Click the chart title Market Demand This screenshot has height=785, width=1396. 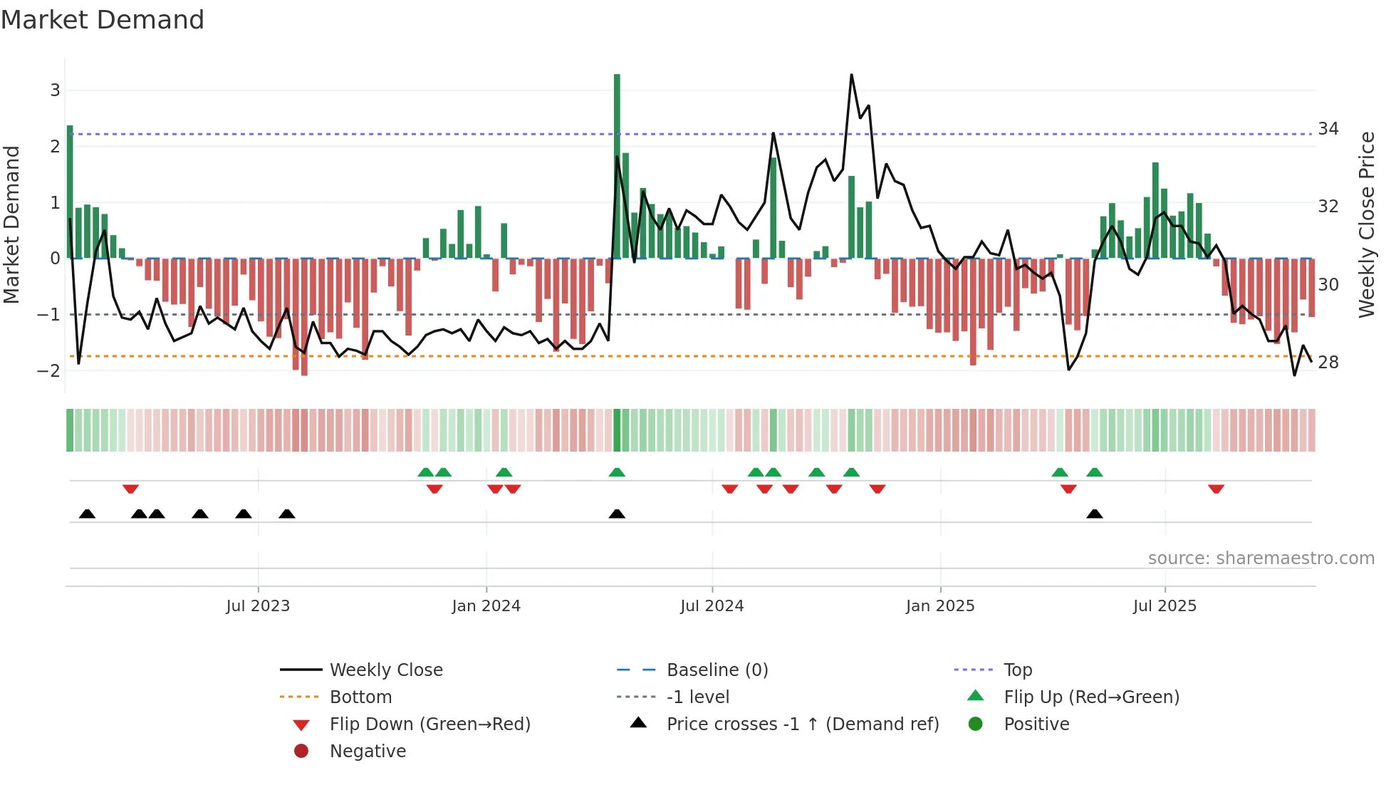coord(103,20)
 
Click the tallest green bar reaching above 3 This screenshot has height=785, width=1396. coord(617,164)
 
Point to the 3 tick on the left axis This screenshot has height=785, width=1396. coord(55,90)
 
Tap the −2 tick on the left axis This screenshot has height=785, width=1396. coord(49,370)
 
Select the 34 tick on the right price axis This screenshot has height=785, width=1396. coord(1328,129)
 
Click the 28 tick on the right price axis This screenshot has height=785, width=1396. coord(1328,363)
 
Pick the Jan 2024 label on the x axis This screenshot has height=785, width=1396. coord(486,606)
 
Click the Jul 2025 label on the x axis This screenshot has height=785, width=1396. coord(1165,606)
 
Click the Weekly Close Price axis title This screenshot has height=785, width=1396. coord(1366,224)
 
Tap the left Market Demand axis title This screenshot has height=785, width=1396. coord(11,224)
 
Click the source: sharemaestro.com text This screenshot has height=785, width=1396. coord(1261,558)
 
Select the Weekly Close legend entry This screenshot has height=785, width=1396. coord(385,670)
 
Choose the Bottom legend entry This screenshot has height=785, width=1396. coord(360,697)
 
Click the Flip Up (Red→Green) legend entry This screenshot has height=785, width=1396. coord(1091,697)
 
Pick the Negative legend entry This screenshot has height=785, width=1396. coord(368,752)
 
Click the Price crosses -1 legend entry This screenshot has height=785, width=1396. coord(802,724)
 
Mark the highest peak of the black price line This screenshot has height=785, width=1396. coord(851,75)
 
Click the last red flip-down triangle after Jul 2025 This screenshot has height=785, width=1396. coord(1216,489)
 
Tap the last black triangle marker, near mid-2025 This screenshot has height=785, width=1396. coord(1095,514)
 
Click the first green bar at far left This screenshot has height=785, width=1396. coord(70,192)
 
